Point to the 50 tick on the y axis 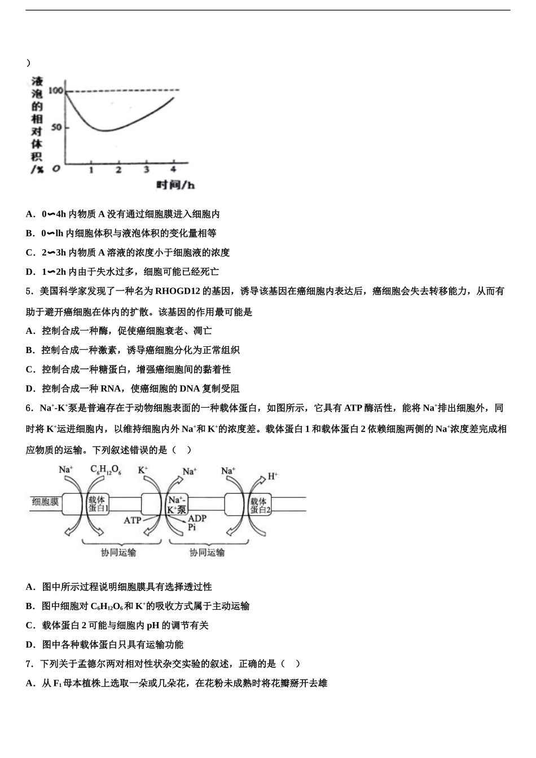[x=56, y=127]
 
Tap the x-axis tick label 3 [x=146, y=169]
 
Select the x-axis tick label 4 [x=173, y=169]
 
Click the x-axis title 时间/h [x=175, y=185]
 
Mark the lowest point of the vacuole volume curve [x=105, y=130]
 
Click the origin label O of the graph [x=56, y=169]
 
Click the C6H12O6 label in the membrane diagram [x=106, y=470]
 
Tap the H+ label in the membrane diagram [x=273, y=476]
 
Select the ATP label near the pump [x=132, y=520]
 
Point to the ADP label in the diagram [x=197, y=518]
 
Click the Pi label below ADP [x=192, y=527]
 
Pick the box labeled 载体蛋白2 [x=260, y=504]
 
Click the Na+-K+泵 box [x=177, y=504]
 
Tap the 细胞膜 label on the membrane [x=45, y=501]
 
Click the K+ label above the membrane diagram [x=143, y=469]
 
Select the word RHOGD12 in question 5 [x=178, y=292]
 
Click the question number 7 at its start [x=28, y=664]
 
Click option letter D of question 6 [x=30, y=645]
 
